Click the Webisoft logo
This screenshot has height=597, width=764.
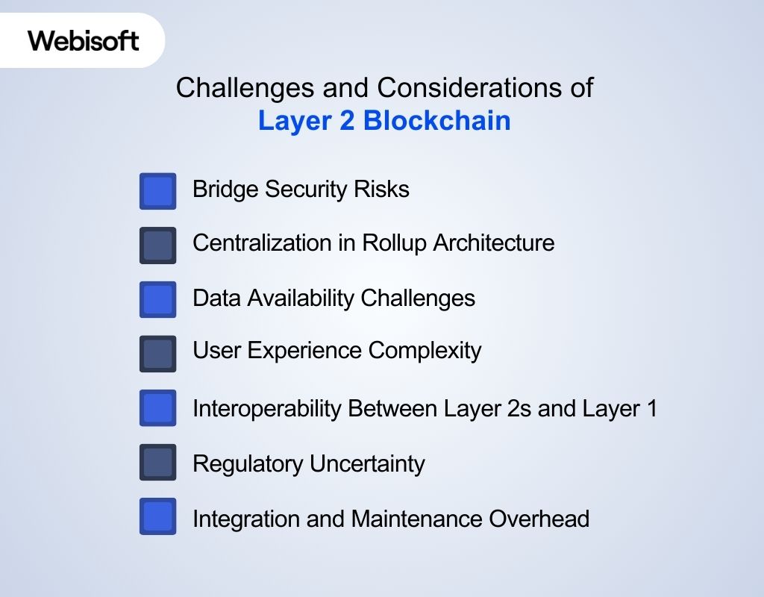pyautogui.click(x=84, y=40)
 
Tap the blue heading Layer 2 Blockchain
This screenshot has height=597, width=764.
pyautogui.click(x=384, y=120)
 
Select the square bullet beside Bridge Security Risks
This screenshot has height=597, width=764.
pyautogui.click(x=157, y=191)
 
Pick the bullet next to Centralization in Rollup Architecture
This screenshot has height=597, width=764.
pyautogui.click(x=157, y=246)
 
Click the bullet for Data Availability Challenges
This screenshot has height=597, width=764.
pyautogui.click(x=157, y=299)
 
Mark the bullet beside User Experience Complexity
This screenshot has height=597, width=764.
pyautogui.click(x=157, y=354)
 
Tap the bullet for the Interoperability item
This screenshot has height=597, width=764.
pyautogui.click(x=157, y=408)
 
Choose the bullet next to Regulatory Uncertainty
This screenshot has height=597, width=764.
pyautogui.click(x=157, y=463)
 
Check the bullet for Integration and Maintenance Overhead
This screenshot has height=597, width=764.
pyautogui.click(x=157, y=516)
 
